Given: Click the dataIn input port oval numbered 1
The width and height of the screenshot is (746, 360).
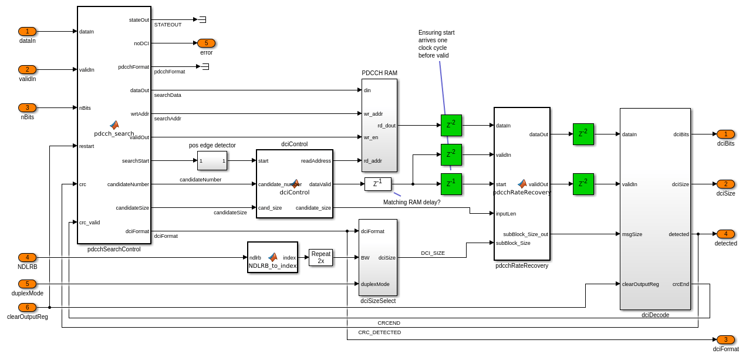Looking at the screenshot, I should [x=27, y=32].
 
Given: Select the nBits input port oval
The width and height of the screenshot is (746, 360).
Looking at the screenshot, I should [x=27, y=108].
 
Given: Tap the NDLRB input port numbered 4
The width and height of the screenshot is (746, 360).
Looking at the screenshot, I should [x=27, y=258].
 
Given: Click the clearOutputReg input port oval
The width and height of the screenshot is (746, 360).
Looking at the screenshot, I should [x=27, y=308].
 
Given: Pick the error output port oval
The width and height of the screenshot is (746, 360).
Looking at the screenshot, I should [x=206, y=43].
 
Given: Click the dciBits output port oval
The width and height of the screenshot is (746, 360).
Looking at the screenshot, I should [x=725, y=134].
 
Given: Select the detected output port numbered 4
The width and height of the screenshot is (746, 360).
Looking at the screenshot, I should [x=725, y=234].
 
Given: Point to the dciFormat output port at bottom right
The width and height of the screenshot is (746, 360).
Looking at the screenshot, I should [x=725, y=340].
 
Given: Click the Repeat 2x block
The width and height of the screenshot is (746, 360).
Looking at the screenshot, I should [x=320, y=258].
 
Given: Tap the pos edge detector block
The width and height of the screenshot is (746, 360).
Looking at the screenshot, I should [x=212, y=161].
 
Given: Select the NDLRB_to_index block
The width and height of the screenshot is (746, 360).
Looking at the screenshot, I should [x=272, y=258].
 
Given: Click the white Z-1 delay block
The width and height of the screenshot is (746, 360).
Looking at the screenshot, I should [x=377, y=184].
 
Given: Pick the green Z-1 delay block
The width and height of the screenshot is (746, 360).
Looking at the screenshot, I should [x=451, y=184].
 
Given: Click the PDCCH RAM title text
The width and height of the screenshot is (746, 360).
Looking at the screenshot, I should [x=379, y=73].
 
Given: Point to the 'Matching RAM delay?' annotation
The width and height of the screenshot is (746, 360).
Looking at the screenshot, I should [x=411, y=203].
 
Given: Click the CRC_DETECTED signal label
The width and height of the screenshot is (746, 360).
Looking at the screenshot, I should [x=379, y=332].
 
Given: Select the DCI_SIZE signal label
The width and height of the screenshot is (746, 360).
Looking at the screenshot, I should [x=433, y=253].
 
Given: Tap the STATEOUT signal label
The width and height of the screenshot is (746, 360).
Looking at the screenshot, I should [x=168, y=25].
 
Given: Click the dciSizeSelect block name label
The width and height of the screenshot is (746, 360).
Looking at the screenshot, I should [x=378, y=301].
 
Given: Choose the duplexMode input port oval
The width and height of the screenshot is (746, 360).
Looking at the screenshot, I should [x=27, y=284].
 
